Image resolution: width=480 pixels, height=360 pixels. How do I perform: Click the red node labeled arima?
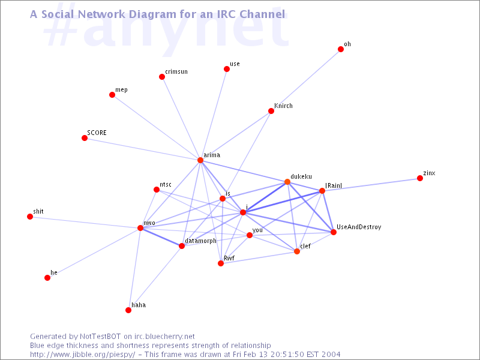[x=200, y=160]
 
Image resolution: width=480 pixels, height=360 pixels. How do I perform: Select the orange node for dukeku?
[x=287, y=182]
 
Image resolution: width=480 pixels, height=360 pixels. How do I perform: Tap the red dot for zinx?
[x=420, y=178]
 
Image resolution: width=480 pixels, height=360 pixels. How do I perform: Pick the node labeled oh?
[x=341, y=49]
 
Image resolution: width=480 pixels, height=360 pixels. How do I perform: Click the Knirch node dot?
[x=271, y=111]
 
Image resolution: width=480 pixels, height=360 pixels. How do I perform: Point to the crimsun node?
[x=162, y=77]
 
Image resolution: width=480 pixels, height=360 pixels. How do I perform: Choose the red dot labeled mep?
[x=112, y=95]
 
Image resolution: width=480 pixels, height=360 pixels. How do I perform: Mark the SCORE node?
[x=85, y=138]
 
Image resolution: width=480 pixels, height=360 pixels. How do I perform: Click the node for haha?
[x=128, y=310]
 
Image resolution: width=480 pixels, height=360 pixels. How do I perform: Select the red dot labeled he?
[x=47, y=278]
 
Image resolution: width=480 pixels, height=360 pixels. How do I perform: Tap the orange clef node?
[x=297, y=251]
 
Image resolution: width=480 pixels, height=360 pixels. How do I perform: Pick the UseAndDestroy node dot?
[x=334, y=232]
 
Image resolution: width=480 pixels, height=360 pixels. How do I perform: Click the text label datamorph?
[x=200, y=241]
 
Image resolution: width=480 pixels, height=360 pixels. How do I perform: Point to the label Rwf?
[x=229, y=258]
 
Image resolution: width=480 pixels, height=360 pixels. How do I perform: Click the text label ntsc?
[x=166, y=185]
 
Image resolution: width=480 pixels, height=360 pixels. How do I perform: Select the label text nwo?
[x=149, y=223]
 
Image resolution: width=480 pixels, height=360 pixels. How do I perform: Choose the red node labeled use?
[x=227, y=69]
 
